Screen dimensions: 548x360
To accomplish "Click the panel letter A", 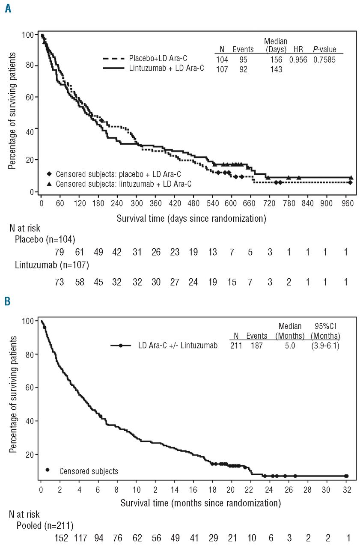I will coord(8,8).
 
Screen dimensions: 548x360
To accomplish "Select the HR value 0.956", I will coord(298,60).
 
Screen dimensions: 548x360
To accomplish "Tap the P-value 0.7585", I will coord(324,60).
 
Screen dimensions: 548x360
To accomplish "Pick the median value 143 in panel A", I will coord(276,69).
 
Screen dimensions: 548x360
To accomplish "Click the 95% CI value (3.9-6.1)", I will coord(325,345).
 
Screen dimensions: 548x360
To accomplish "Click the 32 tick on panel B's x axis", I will coord(346,488).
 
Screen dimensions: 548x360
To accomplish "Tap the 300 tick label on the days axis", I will coord(137,203).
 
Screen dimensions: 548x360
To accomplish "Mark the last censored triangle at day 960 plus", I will coord(351,177).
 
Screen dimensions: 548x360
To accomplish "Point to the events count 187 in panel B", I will coord(256,345).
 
